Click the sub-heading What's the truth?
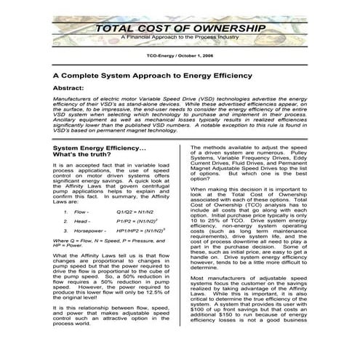(81, 155)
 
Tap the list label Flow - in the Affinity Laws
(81, 212)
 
